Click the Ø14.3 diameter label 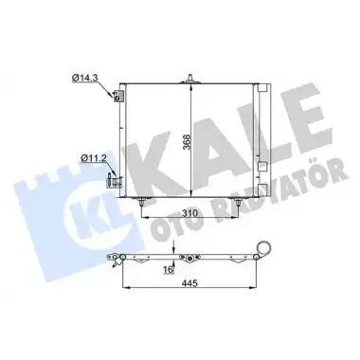coord(83,78)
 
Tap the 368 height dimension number coord(188,142)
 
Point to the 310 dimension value coord(189,213)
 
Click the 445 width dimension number coord(189,283)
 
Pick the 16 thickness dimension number coord(169,269)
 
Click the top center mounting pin coord(190,79)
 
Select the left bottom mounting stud coord(141,202)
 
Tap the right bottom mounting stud coord(238,202)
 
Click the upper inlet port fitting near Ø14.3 coord(117,96)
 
